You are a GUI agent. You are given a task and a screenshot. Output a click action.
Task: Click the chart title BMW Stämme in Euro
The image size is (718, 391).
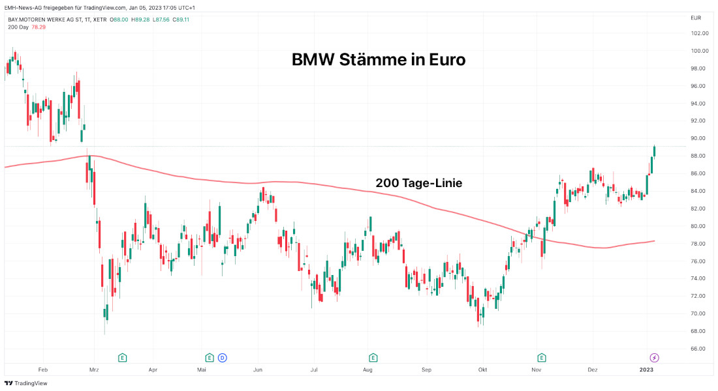pyautogui.click(x=379, y=60)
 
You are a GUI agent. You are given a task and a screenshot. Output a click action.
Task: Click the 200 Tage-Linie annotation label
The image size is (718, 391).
pyautogui.click(x=418, y=183)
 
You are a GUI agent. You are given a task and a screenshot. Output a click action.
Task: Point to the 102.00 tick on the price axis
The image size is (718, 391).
pyautogui.click(x=700, y=33)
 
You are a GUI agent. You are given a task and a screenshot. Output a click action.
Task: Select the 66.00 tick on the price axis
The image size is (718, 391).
pyautogui.click(x=700, y=349)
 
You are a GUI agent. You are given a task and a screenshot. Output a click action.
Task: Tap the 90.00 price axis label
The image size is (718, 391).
pyautogui.click(x=700, y=138)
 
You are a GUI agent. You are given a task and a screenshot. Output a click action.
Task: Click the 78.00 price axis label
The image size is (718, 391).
pyautogui.click(x=700, y=244)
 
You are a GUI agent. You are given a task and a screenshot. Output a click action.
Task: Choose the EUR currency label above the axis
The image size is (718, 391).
pyautogui.click(x=696, y=18)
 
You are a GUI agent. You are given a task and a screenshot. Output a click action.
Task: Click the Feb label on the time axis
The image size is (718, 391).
pyautogui.click(x=43, y=369)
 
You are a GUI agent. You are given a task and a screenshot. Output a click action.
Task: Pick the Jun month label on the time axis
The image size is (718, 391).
pyautogui.click(x=258, y=369)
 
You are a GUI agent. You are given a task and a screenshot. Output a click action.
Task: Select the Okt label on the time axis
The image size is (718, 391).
pyautogui.click(x=482, y=369)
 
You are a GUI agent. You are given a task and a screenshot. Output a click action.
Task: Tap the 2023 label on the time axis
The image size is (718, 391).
pyautogui.click(x=646, y=369)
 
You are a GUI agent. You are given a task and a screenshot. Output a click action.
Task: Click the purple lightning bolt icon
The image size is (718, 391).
pyautogui.click(x=654, y=357)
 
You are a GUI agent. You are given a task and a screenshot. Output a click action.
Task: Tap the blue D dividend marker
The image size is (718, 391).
pyautogui.click(x=222, y=357)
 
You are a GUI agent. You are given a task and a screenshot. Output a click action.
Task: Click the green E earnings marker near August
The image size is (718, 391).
pyautogui.click(x=373, y=357)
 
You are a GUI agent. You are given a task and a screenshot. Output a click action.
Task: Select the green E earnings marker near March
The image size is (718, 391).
pyautogui.click(x=122, y=357)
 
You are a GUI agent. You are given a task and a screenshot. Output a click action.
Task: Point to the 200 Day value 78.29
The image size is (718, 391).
pyautogui.click(x=38, y=27)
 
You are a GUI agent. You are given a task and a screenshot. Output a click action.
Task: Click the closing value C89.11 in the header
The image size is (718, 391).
pyautogui.click(x=179, y=20)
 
